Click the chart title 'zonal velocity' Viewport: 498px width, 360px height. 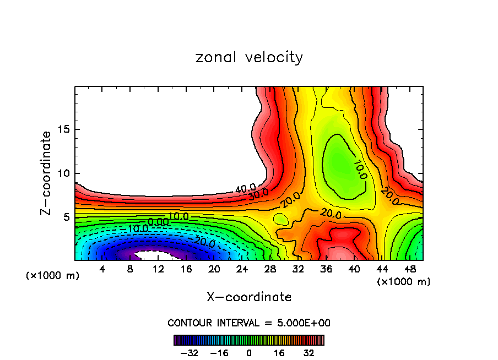coord(249,57)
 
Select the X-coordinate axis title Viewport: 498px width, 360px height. coord(249,297)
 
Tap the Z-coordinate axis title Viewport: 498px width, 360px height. coord(47,173)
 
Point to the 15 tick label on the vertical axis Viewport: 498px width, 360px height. coord(62,129)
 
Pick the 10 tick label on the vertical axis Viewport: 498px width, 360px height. coord(62,173)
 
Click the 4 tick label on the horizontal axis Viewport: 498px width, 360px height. coord(102,269)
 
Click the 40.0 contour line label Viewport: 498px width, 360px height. coord(245,189)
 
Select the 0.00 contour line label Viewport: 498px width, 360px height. coord(159,222)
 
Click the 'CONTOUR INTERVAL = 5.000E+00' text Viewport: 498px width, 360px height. coord(249,323)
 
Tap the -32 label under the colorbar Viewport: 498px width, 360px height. coord(188,353)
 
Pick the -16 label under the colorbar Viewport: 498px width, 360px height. coord(219,353)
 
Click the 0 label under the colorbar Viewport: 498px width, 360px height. coord(249,353)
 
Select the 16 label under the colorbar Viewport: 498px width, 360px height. coord(279,353)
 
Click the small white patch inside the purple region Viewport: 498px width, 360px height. coord(154,255)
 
